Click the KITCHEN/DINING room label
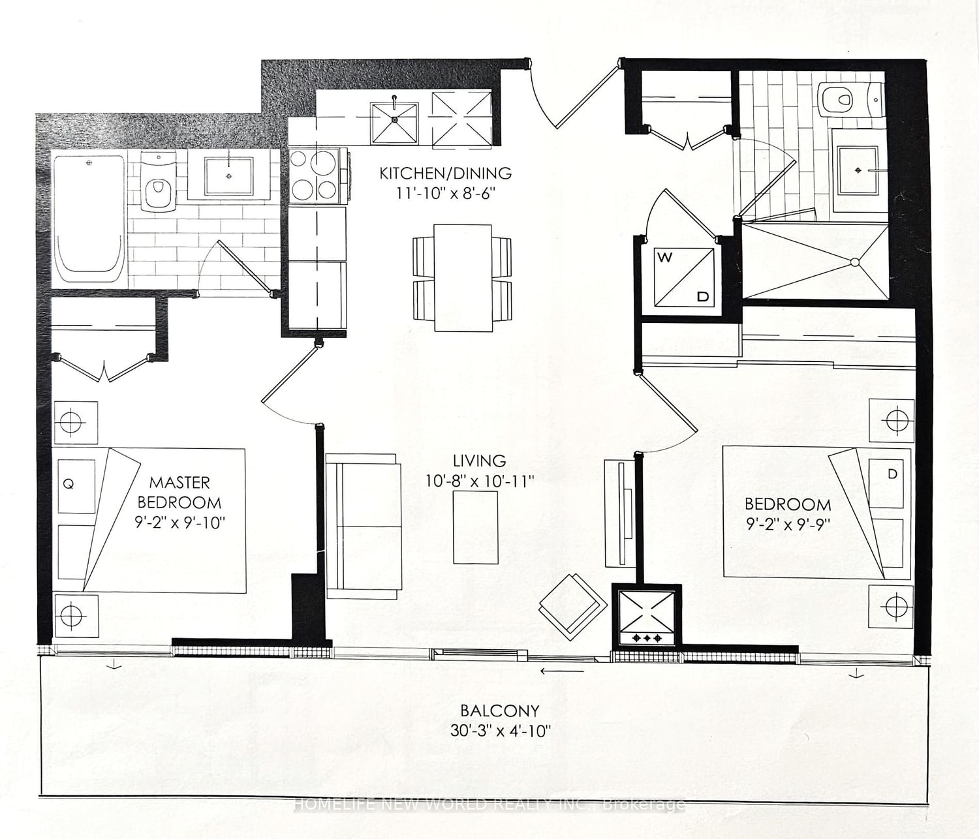[445, 174]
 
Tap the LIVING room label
[479, 460]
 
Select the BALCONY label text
[500, 710]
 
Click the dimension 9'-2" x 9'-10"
[179, 523]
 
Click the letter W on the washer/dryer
[665, 258]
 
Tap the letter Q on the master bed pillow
[69, 484]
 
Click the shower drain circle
[854, 262]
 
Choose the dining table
[463, 277]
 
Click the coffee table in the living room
[476, 527]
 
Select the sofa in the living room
[363, 526]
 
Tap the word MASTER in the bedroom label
[179, 483]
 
